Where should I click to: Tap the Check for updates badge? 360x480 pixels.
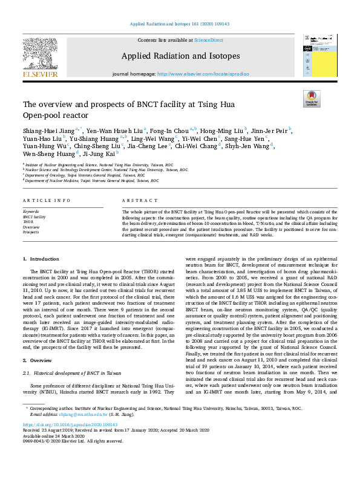point(311,99)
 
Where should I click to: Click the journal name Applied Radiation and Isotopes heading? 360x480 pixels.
point(180,56)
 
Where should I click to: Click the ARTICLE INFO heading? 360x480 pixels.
point(44,200)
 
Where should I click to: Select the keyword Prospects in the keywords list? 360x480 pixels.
point(31,232)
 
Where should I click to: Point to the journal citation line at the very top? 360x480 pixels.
point(180,25)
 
